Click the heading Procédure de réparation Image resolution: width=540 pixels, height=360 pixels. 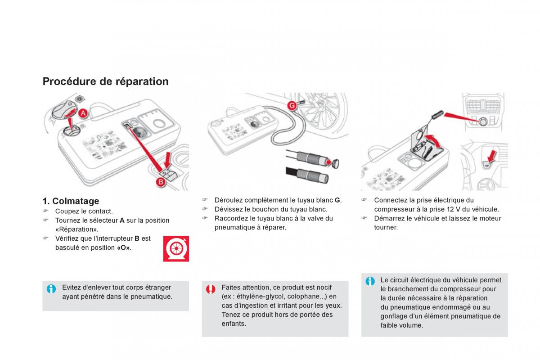click(x=105, y=81)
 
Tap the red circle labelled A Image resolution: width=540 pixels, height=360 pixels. click(x=83, y=114)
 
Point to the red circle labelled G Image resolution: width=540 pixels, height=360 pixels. click(x=292, y=105)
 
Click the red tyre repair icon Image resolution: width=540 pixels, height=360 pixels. click(x=176, y=248)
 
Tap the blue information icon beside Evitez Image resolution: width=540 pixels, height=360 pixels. click(x=52, y=289)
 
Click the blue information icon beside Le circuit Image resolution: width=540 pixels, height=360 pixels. click(x=370, y=281)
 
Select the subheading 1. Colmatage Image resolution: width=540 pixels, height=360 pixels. click(x=71, y=201)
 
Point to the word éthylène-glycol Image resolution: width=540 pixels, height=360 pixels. click(x=256, y=297)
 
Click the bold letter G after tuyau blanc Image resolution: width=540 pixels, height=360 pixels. click(x=337, y=200)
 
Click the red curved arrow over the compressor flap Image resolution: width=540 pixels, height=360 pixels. click(x=433, y=140)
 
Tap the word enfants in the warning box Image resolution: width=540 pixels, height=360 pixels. click(x=234, y=324)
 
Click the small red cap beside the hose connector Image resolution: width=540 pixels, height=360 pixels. click(x=334, y=162)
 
